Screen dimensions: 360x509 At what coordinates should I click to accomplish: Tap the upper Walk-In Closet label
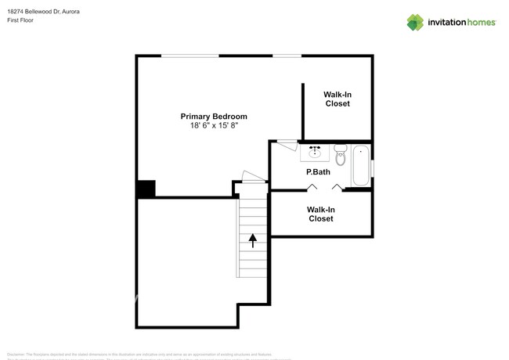click(x=337, y=99)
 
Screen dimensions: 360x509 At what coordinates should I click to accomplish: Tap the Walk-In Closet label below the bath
click(x=320, y=214)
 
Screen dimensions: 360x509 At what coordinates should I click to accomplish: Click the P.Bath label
click(x=316, y=171)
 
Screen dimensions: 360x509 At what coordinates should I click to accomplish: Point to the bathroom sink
click(x=315, y=151)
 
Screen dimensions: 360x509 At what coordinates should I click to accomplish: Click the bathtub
click(x=360, y=165)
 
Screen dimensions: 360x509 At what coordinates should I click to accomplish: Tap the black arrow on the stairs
click(x=252, y=239)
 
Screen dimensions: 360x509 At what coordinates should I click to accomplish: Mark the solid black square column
click(x=146, y=189)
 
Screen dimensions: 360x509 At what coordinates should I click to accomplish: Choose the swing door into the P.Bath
click(x=287, y=143)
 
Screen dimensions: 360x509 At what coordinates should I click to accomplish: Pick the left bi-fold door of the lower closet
click(x=312, y=187)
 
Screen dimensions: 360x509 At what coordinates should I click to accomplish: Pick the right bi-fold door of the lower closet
click(x=338, y=187)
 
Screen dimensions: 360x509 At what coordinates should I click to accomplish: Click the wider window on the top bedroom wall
click(x=190, y=56)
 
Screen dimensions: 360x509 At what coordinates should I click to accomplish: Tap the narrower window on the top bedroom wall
click(x=287, y=56)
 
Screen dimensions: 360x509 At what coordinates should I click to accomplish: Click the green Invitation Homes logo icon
click(x=415, y=22)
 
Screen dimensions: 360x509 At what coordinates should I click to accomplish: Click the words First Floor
click(x=21, y=20)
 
